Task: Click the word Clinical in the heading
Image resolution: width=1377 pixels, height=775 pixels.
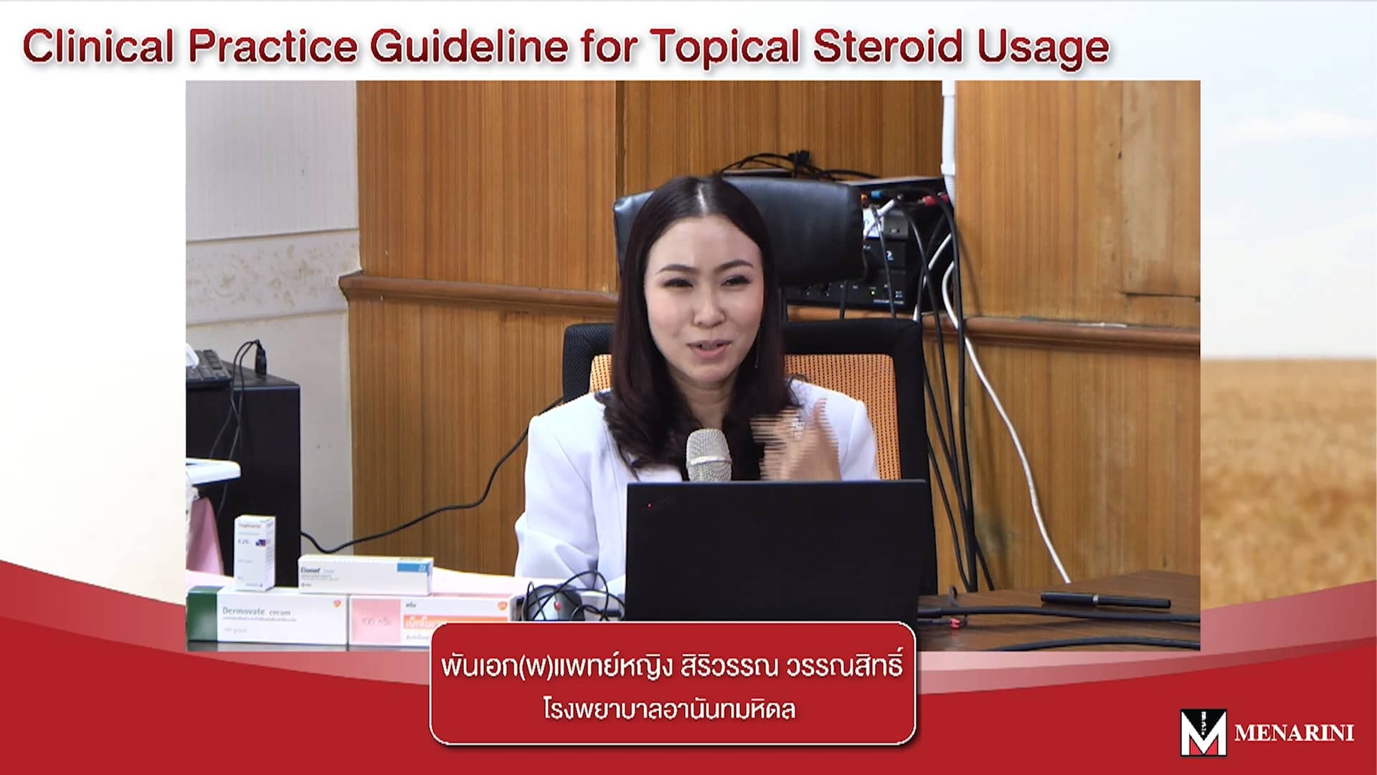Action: pos(99,47)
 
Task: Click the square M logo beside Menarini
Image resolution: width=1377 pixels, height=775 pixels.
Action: pos(1203,732)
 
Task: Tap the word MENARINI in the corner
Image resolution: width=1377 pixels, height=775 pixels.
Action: pos(1294,733)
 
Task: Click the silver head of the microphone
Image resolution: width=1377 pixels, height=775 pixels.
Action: pos(708,454)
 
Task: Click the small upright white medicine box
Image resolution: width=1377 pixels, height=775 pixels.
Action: pos(254,551)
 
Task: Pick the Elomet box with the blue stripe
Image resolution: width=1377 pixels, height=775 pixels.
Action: pos(365,573)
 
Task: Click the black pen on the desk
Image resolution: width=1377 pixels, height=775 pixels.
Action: pos(1104,599)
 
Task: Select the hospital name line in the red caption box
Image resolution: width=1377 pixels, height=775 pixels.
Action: pos(669,710)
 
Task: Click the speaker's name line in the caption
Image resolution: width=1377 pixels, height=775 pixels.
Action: pos(671,665)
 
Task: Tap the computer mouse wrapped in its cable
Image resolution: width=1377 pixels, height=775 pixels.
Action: pos(567,605)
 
